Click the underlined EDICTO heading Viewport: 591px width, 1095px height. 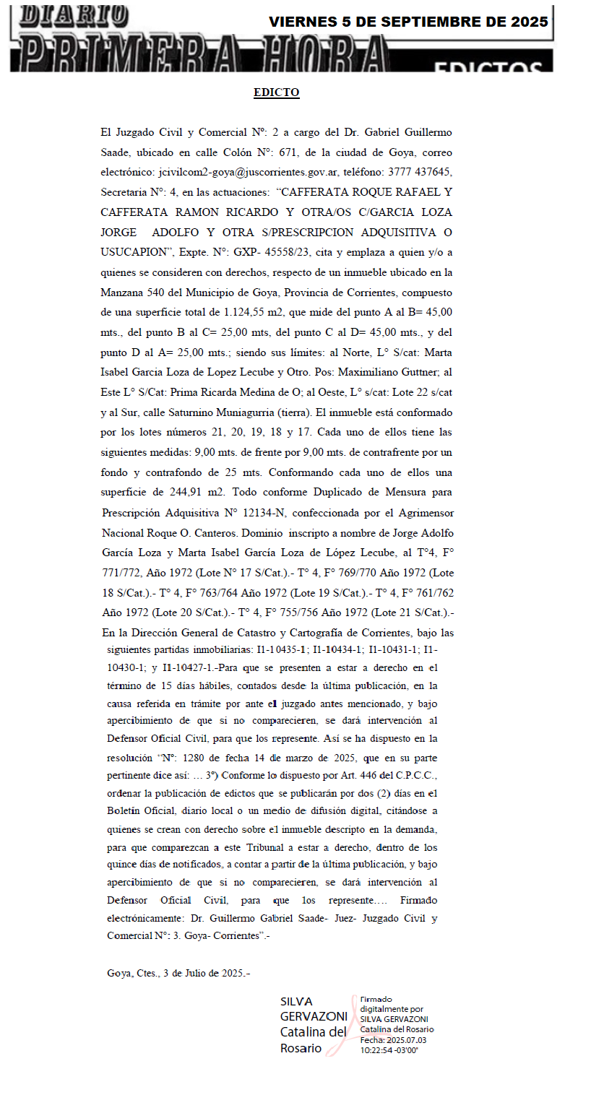tap(276, 92)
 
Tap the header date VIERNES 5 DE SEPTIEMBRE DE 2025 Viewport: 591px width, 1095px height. tap(408, 22)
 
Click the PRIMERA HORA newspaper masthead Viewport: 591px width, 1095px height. tap(202, 55)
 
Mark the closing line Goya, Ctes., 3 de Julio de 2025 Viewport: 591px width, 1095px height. tap(178, 973)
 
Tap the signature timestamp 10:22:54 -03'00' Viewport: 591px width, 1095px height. tap(389, 1049)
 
